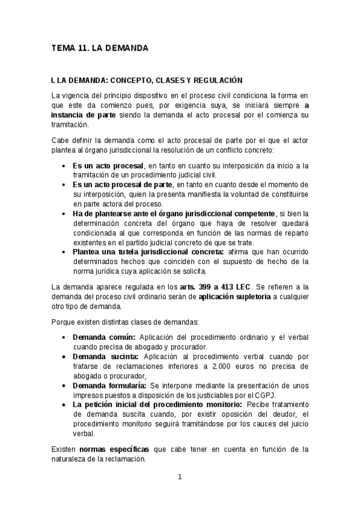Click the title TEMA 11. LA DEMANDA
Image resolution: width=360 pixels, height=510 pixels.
(x=100, y=47)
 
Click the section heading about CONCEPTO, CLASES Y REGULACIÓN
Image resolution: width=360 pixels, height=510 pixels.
(x=147, y=79)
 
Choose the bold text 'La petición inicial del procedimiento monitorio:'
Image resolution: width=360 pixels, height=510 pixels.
(x=157, y=405)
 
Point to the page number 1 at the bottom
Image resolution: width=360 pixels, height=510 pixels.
(x=179, y=478)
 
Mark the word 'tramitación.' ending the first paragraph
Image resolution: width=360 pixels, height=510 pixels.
(x=69, y=124)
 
